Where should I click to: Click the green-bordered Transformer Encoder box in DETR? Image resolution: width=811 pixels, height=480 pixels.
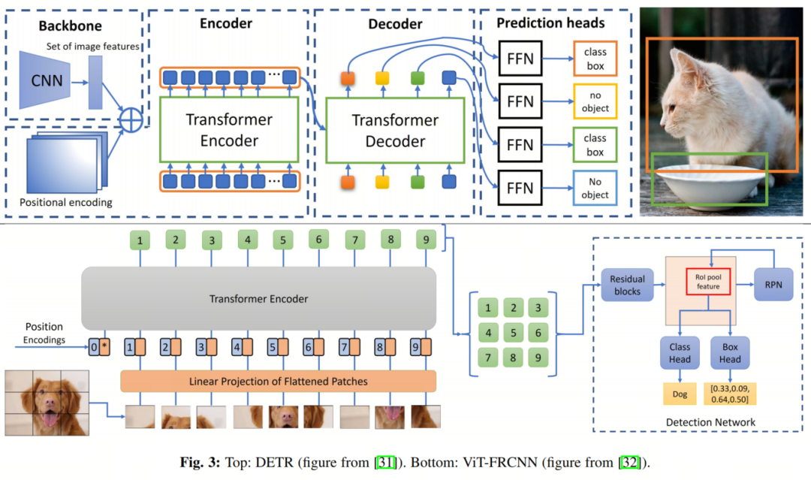[228, 129]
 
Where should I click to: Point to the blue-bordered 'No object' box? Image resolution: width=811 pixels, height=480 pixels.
[594, 187]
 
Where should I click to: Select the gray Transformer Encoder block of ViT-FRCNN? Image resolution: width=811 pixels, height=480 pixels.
[258, 298]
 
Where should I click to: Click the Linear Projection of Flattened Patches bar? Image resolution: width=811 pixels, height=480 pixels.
[278, 382]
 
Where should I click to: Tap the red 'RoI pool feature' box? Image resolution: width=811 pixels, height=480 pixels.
[707, 282]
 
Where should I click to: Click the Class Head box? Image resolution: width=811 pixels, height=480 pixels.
[680, 354]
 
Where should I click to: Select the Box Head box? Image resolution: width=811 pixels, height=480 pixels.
[729, 354]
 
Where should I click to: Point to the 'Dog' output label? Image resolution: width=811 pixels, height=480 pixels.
[680, 394]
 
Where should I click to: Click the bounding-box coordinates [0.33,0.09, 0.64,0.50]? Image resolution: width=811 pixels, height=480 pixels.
[729, 394]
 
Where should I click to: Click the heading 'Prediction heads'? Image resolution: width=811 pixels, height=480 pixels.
[549, 23]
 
